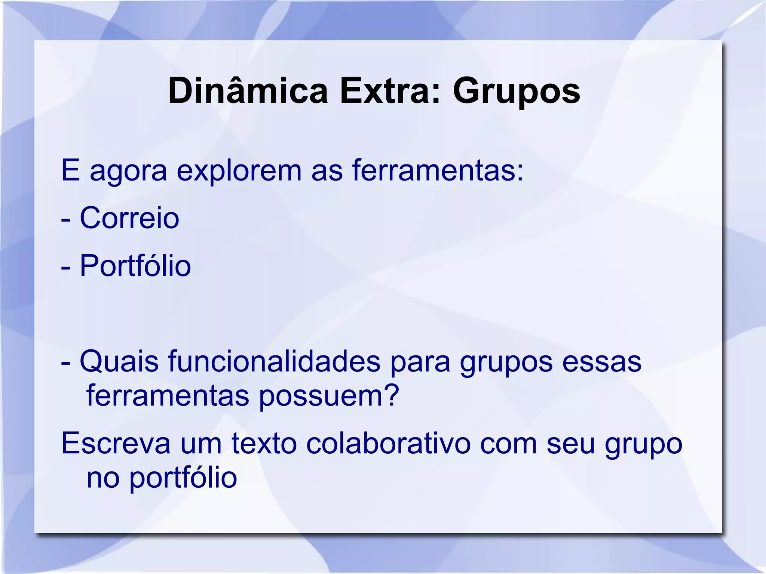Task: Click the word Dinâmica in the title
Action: (x=248, y=91)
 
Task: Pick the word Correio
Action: (x=129, y=218)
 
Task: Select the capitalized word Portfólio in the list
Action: (x=135, y=266)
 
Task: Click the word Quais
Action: (x=119, y=362)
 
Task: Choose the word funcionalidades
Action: (x=274, y=362)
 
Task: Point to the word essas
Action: (x=602, y=362)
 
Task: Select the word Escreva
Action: (x=116, y=443)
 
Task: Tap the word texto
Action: (x=264, y=443)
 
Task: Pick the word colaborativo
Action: (x=388, y=443)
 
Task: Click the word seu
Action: (x=571, y=443)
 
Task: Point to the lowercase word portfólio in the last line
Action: (x=183, y=478)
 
